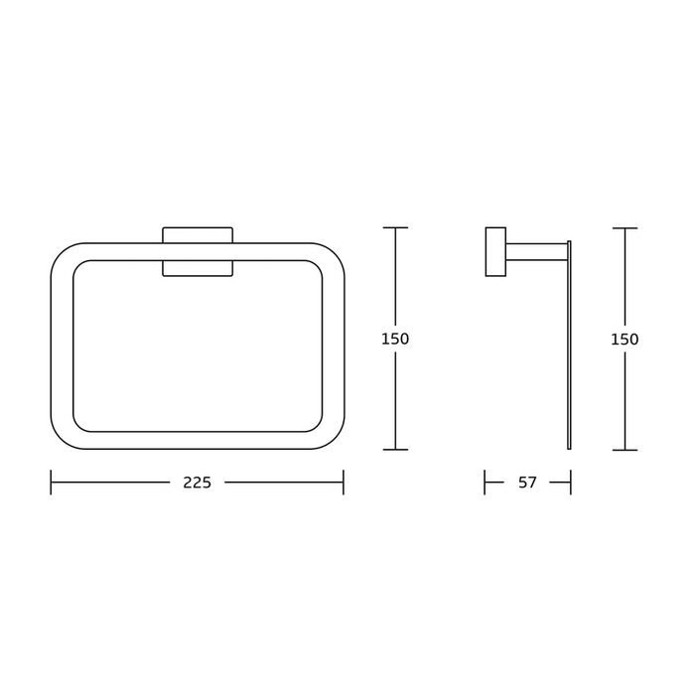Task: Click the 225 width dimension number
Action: tap(198, 483)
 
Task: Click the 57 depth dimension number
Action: tap(527, 483)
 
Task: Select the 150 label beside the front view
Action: tap(395, 340)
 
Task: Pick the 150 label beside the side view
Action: tap(625, 340)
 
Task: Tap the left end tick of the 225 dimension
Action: tap(51, 483)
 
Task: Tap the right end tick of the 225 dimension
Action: tap(344, 483)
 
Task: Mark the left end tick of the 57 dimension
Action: tap(485, 483)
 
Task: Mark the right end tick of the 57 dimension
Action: tap(571, 483)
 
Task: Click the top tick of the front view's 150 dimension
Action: tap(395, 227)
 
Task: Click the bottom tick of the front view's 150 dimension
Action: tap(395, 450)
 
